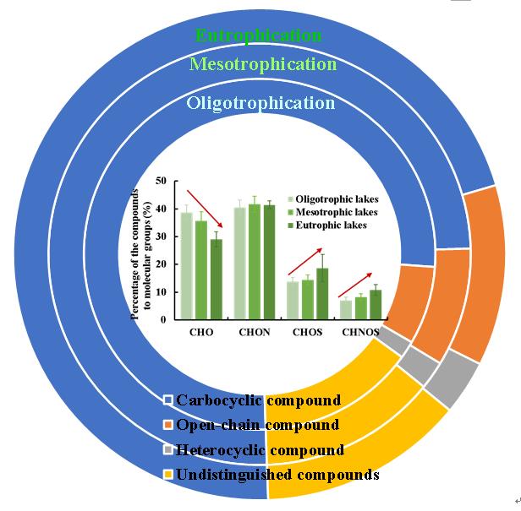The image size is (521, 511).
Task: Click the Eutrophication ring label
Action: (259, 35)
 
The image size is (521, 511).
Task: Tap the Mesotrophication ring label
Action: (263, 64)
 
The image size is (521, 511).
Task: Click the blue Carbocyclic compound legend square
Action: (167, 400)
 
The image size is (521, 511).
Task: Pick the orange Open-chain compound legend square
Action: (167, 425)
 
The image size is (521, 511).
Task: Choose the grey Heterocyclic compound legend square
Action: (167, 450)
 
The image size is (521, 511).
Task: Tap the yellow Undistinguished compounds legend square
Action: (167, 475)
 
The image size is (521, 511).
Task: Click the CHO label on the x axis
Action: (201, 333)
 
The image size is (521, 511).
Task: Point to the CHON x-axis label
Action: (254, 333)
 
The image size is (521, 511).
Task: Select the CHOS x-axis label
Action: (306, 333)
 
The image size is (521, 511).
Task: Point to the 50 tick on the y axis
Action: (161, 181)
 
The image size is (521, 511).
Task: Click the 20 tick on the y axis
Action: (161, 264)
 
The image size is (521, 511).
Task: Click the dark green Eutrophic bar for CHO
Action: (217, 279)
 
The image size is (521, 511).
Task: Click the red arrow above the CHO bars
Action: (206, 203)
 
